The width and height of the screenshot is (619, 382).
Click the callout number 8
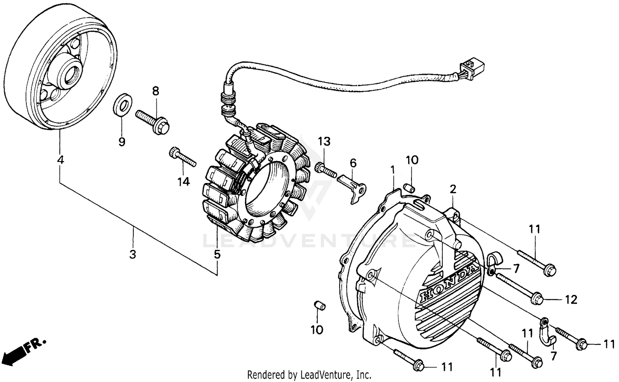coord(156,92)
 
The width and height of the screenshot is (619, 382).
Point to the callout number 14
coord(184,181)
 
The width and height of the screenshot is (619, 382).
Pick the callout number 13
coord(324,142)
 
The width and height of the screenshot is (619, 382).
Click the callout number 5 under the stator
coord(217,254)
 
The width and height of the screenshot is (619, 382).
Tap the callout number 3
coord(132,254)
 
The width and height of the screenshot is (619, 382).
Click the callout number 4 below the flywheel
coord(60,159)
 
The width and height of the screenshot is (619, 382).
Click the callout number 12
coord(571,300)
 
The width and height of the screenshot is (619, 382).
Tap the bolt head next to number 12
coord(536,298)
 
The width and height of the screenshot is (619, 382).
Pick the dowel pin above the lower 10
coord(320,306)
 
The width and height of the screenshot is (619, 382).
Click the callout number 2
coord(453,189)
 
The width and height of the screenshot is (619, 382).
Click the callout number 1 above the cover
coord(393,169)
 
